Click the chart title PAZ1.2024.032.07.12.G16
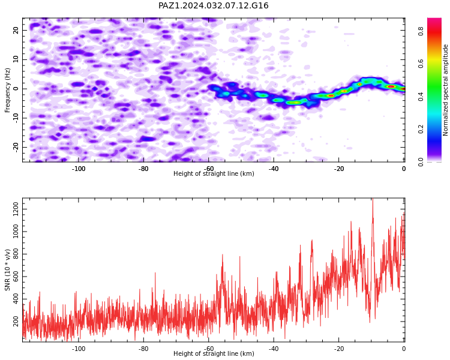(x=213, y=5)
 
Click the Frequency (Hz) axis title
(x=7, y=90)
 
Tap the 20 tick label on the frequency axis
(x=16, y=30)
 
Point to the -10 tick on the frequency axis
(x=16, y=118)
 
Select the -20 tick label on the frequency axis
(x=16, y=147)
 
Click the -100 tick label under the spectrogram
(x=79, y=169)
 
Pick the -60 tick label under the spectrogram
(x=209, y=169)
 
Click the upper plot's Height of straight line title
(x=214, y=173)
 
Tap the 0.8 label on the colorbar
(x=421, y=31)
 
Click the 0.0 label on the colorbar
(x=421, y=161)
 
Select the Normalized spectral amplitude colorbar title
(x=445, y=90)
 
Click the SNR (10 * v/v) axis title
(x=7, y=270)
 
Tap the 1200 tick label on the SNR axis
(x=16, y=209)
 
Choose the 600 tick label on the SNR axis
(x=16, y=277)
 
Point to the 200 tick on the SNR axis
(x=16, y=321)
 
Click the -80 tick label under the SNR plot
(x=143, y=349)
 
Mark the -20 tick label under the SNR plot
(x=339, y=349)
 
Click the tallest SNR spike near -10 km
(x=373, y=199)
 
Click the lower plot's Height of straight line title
(x=214, y=353)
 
